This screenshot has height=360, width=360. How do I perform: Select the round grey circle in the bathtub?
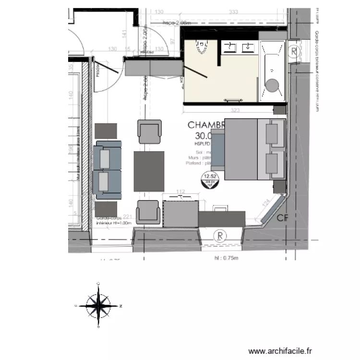(273, 85)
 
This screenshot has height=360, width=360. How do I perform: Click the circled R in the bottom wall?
(219, 235)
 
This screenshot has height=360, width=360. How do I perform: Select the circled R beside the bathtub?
(294, 51)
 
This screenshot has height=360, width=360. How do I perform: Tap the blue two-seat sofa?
(108, 170)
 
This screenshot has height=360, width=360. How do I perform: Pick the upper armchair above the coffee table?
(149, 131)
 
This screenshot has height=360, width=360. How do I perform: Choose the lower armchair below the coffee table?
(148, 212)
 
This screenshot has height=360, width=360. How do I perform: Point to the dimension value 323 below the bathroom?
(235, 111)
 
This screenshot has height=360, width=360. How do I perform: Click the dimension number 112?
(180, 192)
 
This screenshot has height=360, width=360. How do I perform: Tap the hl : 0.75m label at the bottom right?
(227, 258)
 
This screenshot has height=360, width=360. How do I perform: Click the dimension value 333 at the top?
(234, 12)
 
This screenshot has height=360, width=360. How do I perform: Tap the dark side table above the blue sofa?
(106, 131)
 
